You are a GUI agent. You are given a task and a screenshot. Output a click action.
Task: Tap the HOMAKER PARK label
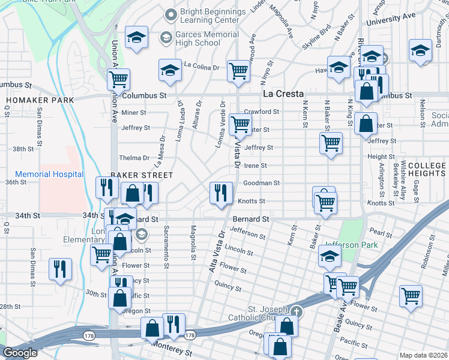[40, 100]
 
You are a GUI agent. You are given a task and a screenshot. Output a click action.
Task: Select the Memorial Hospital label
[49, 175]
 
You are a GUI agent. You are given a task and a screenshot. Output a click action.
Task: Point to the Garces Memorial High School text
[199, 39]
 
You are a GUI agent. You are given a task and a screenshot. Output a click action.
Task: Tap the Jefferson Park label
[352, 245]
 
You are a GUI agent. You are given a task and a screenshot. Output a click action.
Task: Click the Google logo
[20, 353]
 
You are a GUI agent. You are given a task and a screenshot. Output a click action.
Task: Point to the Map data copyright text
[424, 355]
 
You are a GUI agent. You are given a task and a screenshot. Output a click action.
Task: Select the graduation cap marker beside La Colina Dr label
[170, 70]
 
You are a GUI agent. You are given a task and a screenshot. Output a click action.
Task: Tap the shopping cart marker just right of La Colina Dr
[239, 70]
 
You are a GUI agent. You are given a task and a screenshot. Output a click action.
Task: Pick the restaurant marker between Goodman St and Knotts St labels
[221, 193]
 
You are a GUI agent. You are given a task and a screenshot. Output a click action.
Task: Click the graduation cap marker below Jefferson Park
[329, 256]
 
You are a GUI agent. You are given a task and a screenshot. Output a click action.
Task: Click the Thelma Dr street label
[134, 158]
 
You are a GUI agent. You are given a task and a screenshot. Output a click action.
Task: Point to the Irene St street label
[255, 166]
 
